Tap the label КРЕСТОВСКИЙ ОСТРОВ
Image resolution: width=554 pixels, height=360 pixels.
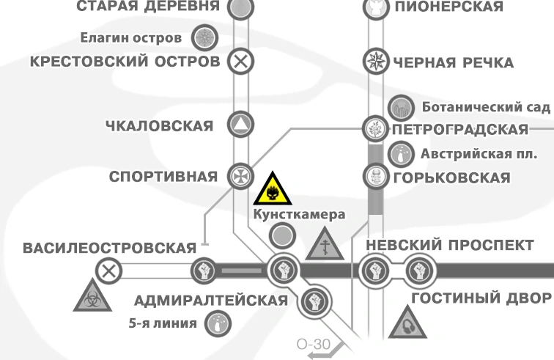125,62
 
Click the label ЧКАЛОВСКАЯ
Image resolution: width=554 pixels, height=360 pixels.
159,126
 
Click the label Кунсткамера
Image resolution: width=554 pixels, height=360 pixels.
298,216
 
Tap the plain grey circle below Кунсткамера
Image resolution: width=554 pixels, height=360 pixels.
282,236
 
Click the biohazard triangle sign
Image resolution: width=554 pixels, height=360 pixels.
91,295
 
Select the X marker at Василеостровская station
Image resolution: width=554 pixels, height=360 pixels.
110,271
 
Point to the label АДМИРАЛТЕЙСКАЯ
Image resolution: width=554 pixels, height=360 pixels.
211,301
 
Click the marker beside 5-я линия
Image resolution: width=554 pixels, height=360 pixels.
218,322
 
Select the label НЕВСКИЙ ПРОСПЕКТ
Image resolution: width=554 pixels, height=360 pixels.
449,245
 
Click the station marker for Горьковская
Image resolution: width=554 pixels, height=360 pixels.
374,176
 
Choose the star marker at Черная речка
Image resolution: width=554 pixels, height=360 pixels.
375,62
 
